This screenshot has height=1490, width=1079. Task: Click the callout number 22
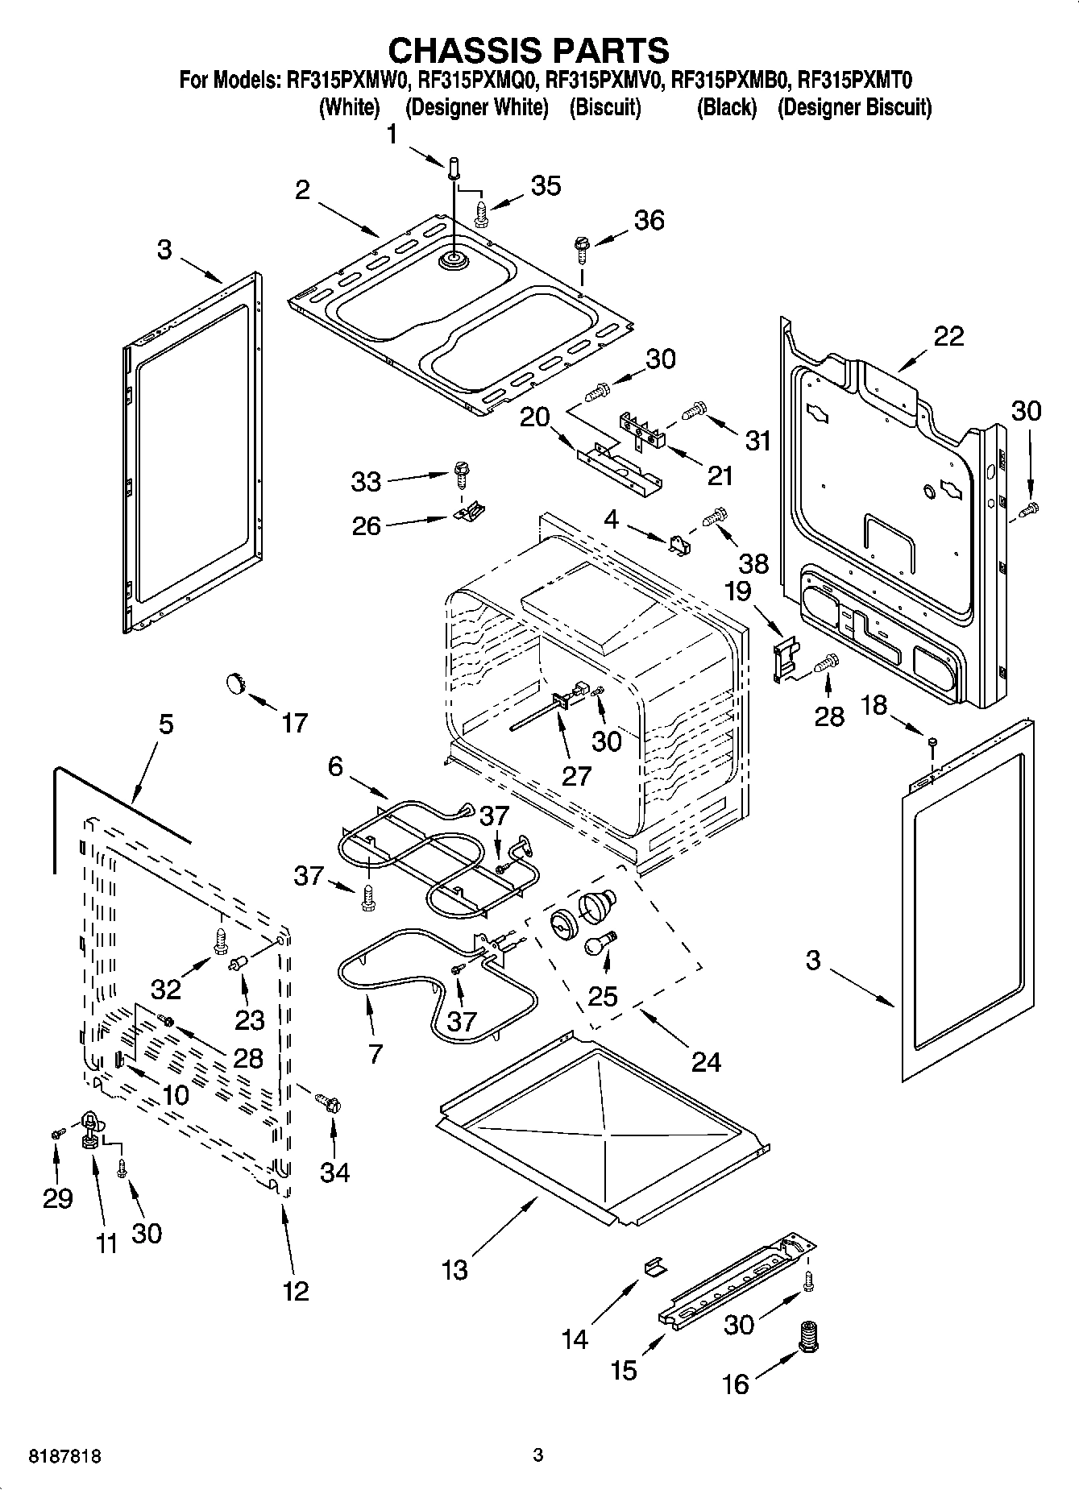(x=948, y=336)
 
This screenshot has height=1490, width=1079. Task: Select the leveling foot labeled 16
(x=807, y=1339)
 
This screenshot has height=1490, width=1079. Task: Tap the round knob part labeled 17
(x=234, y=683)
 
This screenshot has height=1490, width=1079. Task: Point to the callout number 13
(x=454, y=1270)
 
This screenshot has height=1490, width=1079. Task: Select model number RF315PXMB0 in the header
(x=728, y=81)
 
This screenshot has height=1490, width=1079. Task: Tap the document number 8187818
(x=64, y=1457)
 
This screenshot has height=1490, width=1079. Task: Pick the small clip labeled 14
(x=654, y=1266)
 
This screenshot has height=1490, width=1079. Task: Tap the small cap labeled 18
(x=932, y=741)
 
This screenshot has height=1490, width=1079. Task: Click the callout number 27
(x=577, y=775)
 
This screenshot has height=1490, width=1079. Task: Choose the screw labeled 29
(x=56, y=1134)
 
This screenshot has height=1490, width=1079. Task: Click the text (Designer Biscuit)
(x=854, y=107)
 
